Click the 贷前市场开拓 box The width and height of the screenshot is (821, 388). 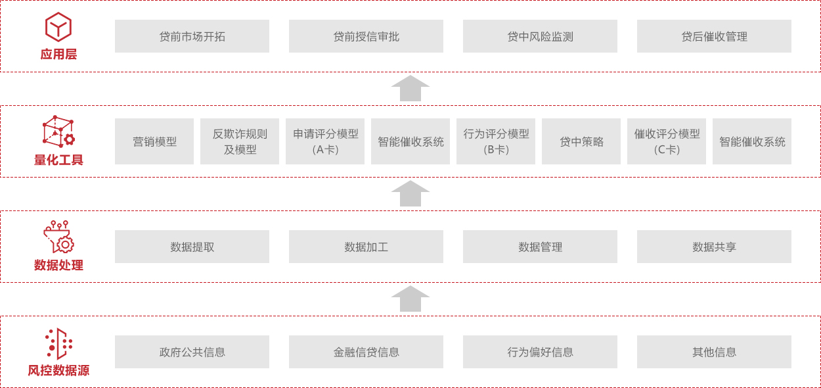(x=192, y=36)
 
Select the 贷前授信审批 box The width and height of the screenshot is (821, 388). (x=366, y=36)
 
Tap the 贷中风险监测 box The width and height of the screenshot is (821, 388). (x=540, y=36)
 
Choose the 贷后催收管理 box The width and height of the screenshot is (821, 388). (x=714, y=36)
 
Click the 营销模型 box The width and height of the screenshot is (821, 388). (x=154, y=141)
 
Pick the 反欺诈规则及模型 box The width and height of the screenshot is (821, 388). (x=240, y=141)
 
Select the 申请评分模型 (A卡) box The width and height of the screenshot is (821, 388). (x=325, y=141)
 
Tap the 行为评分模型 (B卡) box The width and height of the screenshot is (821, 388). (x=496, y=141)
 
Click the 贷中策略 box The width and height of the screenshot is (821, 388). (x=581, y=141)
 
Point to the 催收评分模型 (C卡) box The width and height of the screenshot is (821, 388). (x=667, y=141)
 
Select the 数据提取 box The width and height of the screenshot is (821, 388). (x=192, y=247)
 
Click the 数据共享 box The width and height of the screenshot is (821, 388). (x=714, y=247)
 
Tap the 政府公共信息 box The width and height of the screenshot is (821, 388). (x=192, y=352)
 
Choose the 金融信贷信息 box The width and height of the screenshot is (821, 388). (x=366, y=352)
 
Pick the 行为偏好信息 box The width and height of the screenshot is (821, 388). (x=540, y=352)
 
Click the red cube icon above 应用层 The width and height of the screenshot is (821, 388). (x=58, y=27)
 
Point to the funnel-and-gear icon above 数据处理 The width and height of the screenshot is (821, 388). (x=58, y=237)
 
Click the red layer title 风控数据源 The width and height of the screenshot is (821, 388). (x=58, y=370)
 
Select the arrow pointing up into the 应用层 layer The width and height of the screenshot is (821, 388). (x=411, y=88)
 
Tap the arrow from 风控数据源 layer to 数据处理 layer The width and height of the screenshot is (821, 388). (x=411, y=299)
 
